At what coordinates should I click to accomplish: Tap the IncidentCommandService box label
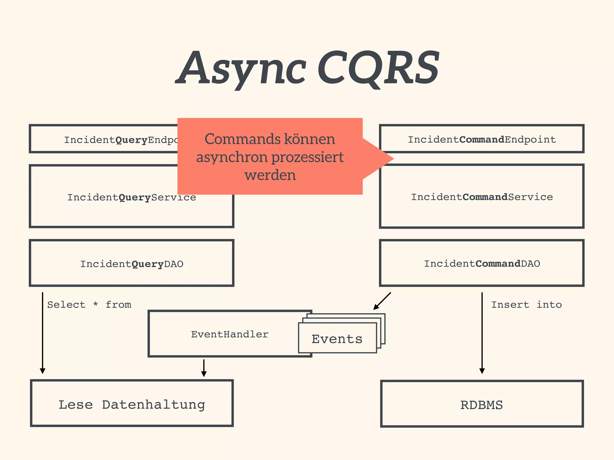pyautogui.click(x=481, y=197)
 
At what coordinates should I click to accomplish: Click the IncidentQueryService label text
pyautogui.click(x=132, y=198)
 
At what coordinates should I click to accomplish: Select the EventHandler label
pyautogui.click(x=230, y=334)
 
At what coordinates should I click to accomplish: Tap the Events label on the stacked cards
pyautogui.click(x=337, y=339)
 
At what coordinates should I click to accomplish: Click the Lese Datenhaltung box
pyautogui.click(x=132, y=404)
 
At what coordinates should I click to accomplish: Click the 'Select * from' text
pyautogui.click(x=89, y=305)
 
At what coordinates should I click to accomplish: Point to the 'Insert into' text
pyautogui.click(x=526, y=305)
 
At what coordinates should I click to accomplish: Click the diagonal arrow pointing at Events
pyautogui.click(x=382, y=301)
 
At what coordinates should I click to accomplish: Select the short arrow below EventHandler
pyautogui.click(x=204, y=368)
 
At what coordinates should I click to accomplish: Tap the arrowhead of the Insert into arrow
pyautogui.click(x=482, y=371)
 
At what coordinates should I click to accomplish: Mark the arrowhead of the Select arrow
pyautogui.click(x=43, y=371)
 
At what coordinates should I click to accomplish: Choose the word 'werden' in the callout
pyautogui.click(x=270, y=175)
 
